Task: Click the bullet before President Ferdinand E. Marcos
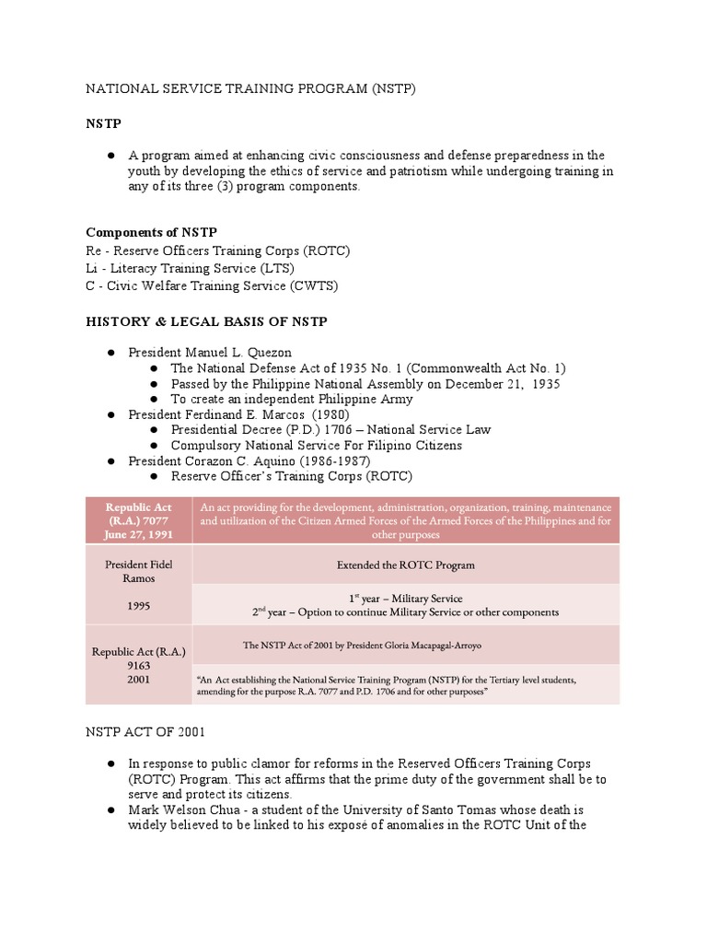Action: (x=110, y=414)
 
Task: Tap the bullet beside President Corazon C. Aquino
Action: (x=110, y=460)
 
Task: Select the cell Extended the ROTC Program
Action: (x=405, y=565)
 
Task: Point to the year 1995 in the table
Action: (x=139, y=608)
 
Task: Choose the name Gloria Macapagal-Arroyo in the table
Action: (x=421, y=645)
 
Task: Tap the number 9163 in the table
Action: (x=139, y=665)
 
